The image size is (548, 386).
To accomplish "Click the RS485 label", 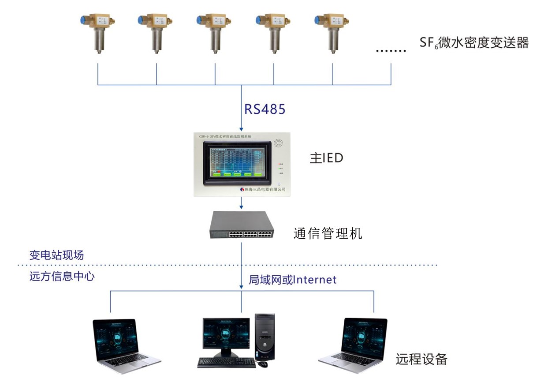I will [x=265, y=109].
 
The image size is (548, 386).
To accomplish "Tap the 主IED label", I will [x=327, y=158].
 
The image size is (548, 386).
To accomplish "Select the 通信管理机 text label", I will [x=328, y=233].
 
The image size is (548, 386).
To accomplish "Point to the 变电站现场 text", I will [x=56, y=255].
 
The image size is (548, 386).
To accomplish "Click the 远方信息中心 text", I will [x=62, y=277].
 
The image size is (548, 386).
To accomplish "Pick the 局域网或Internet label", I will [x=293, y=279].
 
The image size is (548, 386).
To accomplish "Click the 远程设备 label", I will [x=421, y=359].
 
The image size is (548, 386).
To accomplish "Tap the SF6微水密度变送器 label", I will [x=474, y=43].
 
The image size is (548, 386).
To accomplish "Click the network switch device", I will [x=241, y=225].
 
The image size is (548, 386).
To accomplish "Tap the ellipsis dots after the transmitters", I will [x=391, y=50].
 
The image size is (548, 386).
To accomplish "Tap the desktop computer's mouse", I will [x=263, y=364].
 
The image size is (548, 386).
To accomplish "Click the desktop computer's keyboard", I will [x=226, y=362].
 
